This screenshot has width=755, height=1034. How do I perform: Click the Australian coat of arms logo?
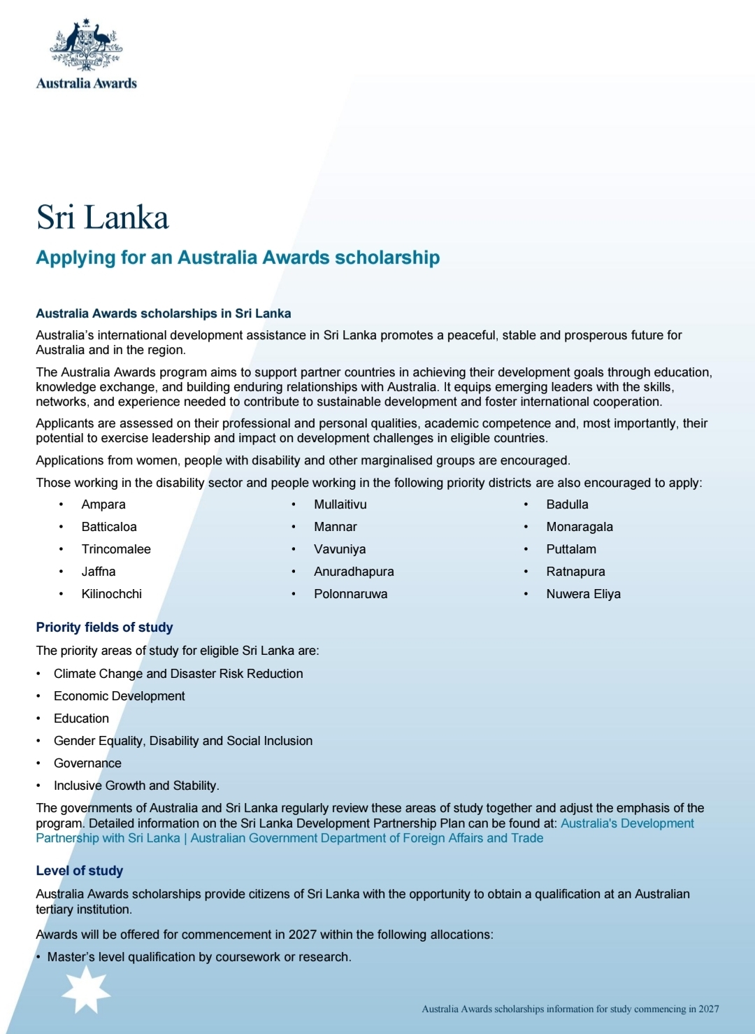[x=86, y=45]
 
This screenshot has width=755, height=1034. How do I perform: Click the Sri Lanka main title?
[x=102, y=218]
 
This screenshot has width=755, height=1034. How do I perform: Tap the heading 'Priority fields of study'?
[x=104, y=628]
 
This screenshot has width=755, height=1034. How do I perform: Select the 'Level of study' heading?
[x=79, y=871]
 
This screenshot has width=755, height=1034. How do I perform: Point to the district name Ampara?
[x=103, y=504]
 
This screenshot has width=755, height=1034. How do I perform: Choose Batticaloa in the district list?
[x=109, y=527]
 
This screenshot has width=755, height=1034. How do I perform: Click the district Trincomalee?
[x=116, y=549]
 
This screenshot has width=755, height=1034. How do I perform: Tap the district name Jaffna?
[x=99, y=572]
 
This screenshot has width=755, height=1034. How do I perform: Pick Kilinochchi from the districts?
[x=111, y=594]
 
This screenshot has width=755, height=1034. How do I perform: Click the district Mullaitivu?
[x=340, y=504]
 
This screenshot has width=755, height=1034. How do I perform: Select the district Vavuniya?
[x=340, y=549]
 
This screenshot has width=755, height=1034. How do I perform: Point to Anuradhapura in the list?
[x=354, y=572]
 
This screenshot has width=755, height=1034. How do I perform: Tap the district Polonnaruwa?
[x=350, y=594]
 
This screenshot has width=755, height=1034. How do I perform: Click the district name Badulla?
[x=567, y=504]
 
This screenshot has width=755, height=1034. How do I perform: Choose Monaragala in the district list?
[x=580, y=527]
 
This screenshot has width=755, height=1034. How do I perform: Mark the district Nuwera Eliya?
[x=583, y=594]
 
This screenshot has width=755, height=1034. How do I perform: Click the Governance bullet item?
[x=87, y=763]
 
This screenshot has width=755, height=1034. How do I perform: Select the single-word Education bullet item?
[x=81, y=718]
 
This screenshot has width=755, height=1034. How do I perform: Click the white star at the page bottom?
[x=86, y=989]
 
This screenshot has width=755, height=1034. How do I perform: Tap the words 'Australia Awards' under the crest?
[x=86, y=83]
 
